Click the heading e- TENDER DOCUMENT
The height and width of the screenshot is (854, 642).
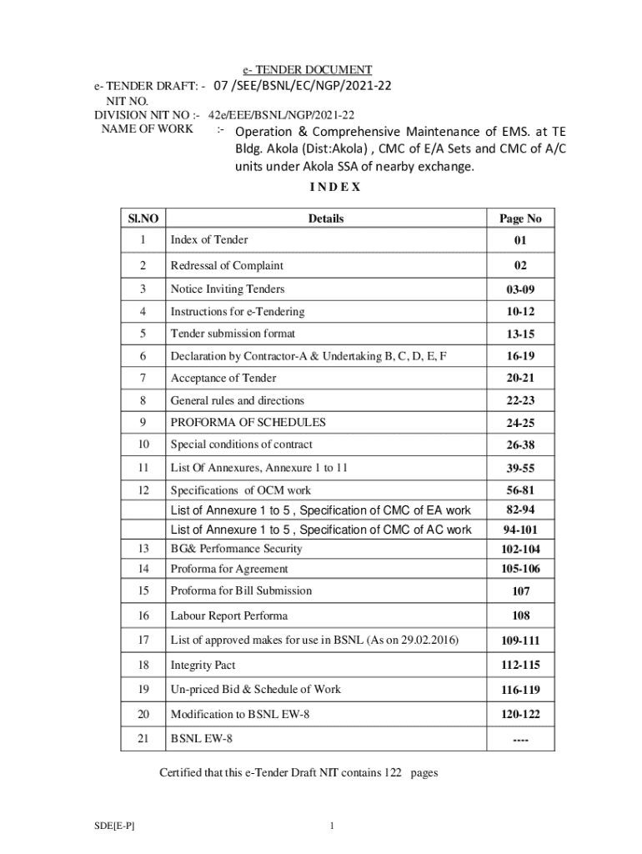(302, 70)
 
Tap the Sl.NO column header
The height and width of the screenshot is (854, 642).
(143, 219)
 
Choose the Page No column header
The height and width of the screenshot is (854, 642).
(520, 219)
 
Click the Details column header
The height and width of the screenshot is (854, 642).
(325, 219)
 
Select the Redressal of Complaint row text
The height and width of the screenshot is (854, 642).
(227, 265)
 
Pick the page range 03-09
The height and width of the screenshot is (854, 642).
(520, 290)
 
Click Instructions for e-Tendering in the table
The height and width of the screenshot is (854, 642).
(238, 312)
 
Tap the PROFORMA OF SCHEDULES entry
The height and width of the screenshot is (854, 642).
(248, 423)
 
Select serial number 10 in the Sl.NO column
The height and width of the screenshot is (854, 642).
(143, 445)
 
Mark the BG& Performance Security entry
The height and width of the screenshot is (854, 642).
(236, 549)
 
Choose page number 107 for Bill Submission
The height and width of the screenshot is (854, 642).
(520, 591)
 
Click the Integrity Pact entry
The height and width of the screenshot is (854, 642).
(203, 665)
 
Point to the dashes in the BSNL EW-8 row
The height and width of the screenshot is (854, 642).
(520, 740)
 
